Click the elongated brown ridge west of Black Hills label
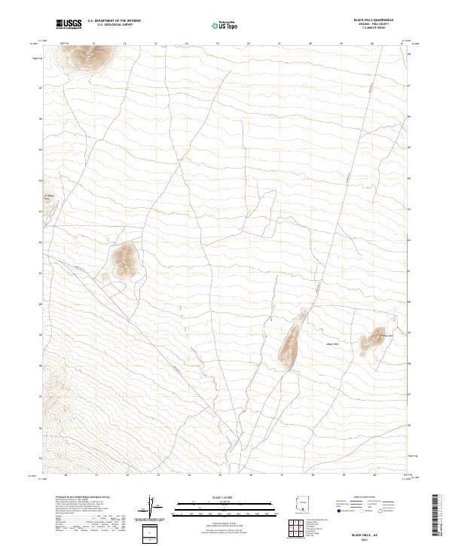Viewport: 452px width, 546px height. pos(290,343)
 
